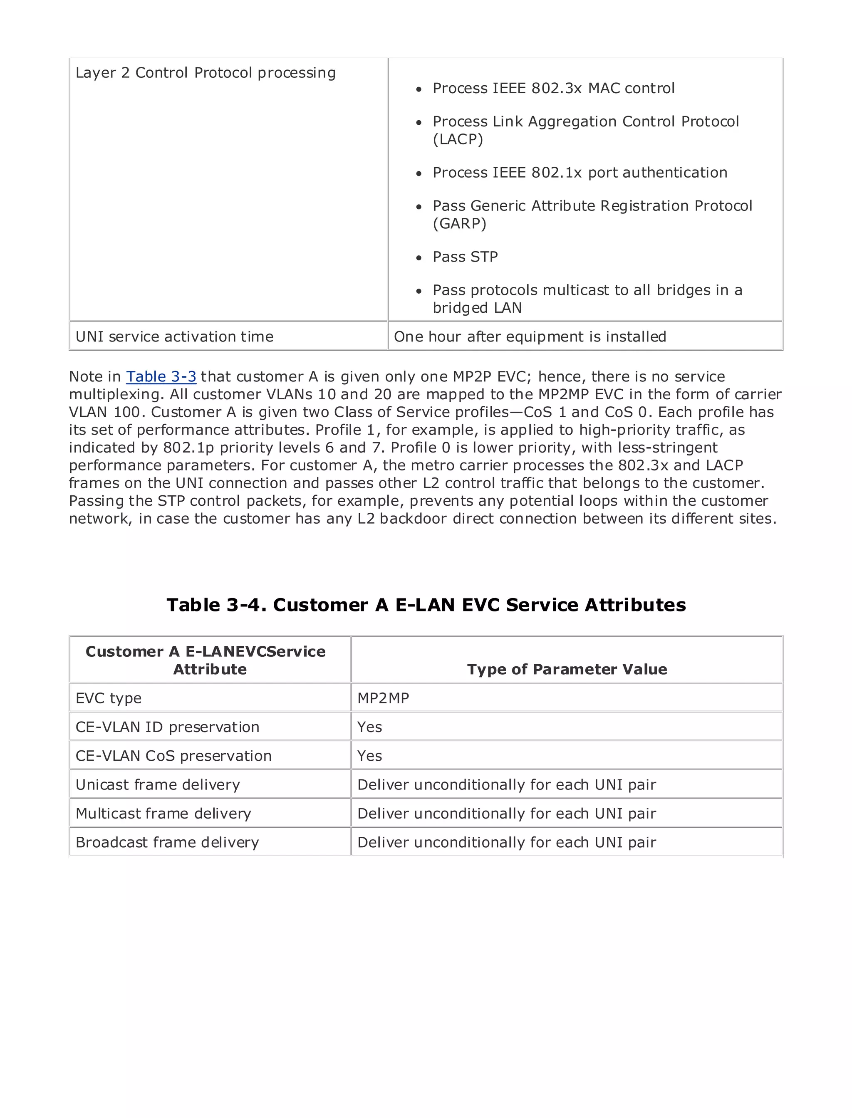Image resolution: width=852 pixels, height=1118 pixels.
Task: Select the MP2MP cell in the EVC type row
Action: [x=383, y=698]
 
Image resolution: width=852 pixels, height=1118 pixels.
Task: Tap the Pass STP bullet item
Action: [x=465, y=257]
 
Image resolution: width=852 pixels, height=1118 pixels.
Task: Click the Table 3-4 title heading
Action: [x=426, y=605]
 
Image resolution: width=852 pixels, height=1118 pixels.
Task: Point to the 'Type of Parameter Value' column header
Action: [x=567, y=669]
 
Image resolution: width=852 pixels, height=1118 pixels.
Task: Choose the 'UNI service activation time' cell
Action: [x=174, y=336]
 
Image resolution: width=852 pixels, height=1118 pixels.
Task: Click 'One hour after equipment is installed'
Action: [x=530, y=336]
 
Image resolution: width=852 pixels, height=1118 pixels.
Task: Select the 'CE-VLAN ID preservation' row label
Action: [x=167, y=727]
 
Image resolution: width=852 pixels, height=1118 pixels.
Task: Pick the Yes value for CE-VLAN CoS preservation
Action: [x=369, y=756]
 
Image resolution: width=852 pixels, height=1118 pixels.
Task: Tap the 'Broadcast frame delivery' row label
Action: [x=167, y=842]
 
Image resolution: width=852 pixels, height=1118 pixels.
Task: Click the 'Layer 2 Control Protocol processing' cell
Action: [x=206, y=73]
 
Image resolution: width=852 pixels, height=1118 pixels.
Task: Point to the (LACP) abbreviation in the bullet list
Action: [x=458, y=139]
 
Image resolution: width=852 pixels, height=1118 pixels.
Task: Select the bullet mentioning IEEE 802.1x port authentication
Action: [x=580, y=173]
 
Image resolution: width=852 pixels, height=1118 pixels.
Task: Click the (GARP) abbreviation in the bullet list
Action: [x=459, y=224]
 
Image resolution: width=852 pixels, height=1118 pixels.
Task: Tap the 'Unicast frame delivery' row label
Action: [x=157, y=785]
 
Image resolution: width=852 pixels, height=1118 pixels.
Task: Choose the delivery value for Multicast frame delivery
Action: [x=506, y=814]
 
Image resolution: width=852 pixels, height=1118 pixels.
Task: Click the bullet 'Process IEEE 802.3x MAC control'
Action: [x=553, y=89]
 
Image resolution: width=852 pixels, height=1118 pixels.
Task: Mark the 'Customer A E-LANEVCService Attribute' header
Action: [x=206, y=660]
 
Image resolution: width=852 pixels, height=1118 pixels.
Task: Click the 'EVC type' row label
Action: [x=109, y=698]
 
